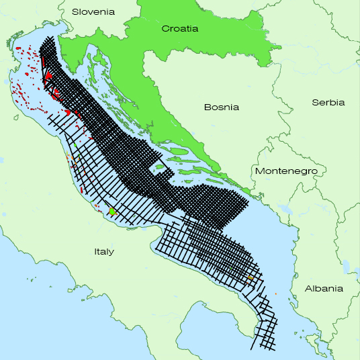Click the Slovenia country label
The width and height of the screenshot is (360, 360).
[93, 11]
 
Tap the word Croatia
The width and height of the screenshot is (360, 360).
[179, 29]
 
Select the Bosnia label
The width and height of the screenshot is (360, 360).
[222, 106]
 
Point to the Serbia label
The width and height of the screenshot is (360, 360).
[328, 102]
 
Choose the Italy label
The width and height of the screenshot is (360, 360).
[104, 252]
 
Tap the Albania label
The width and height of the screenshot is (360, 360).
[324, 288]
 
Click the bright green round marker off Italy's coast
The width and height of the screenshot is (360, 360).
[112, 212]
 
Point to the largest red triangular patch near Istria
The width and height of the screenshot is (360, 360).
[48, 76]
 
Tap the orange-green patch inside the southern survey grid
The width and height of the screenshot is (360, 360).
[250, 277]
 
